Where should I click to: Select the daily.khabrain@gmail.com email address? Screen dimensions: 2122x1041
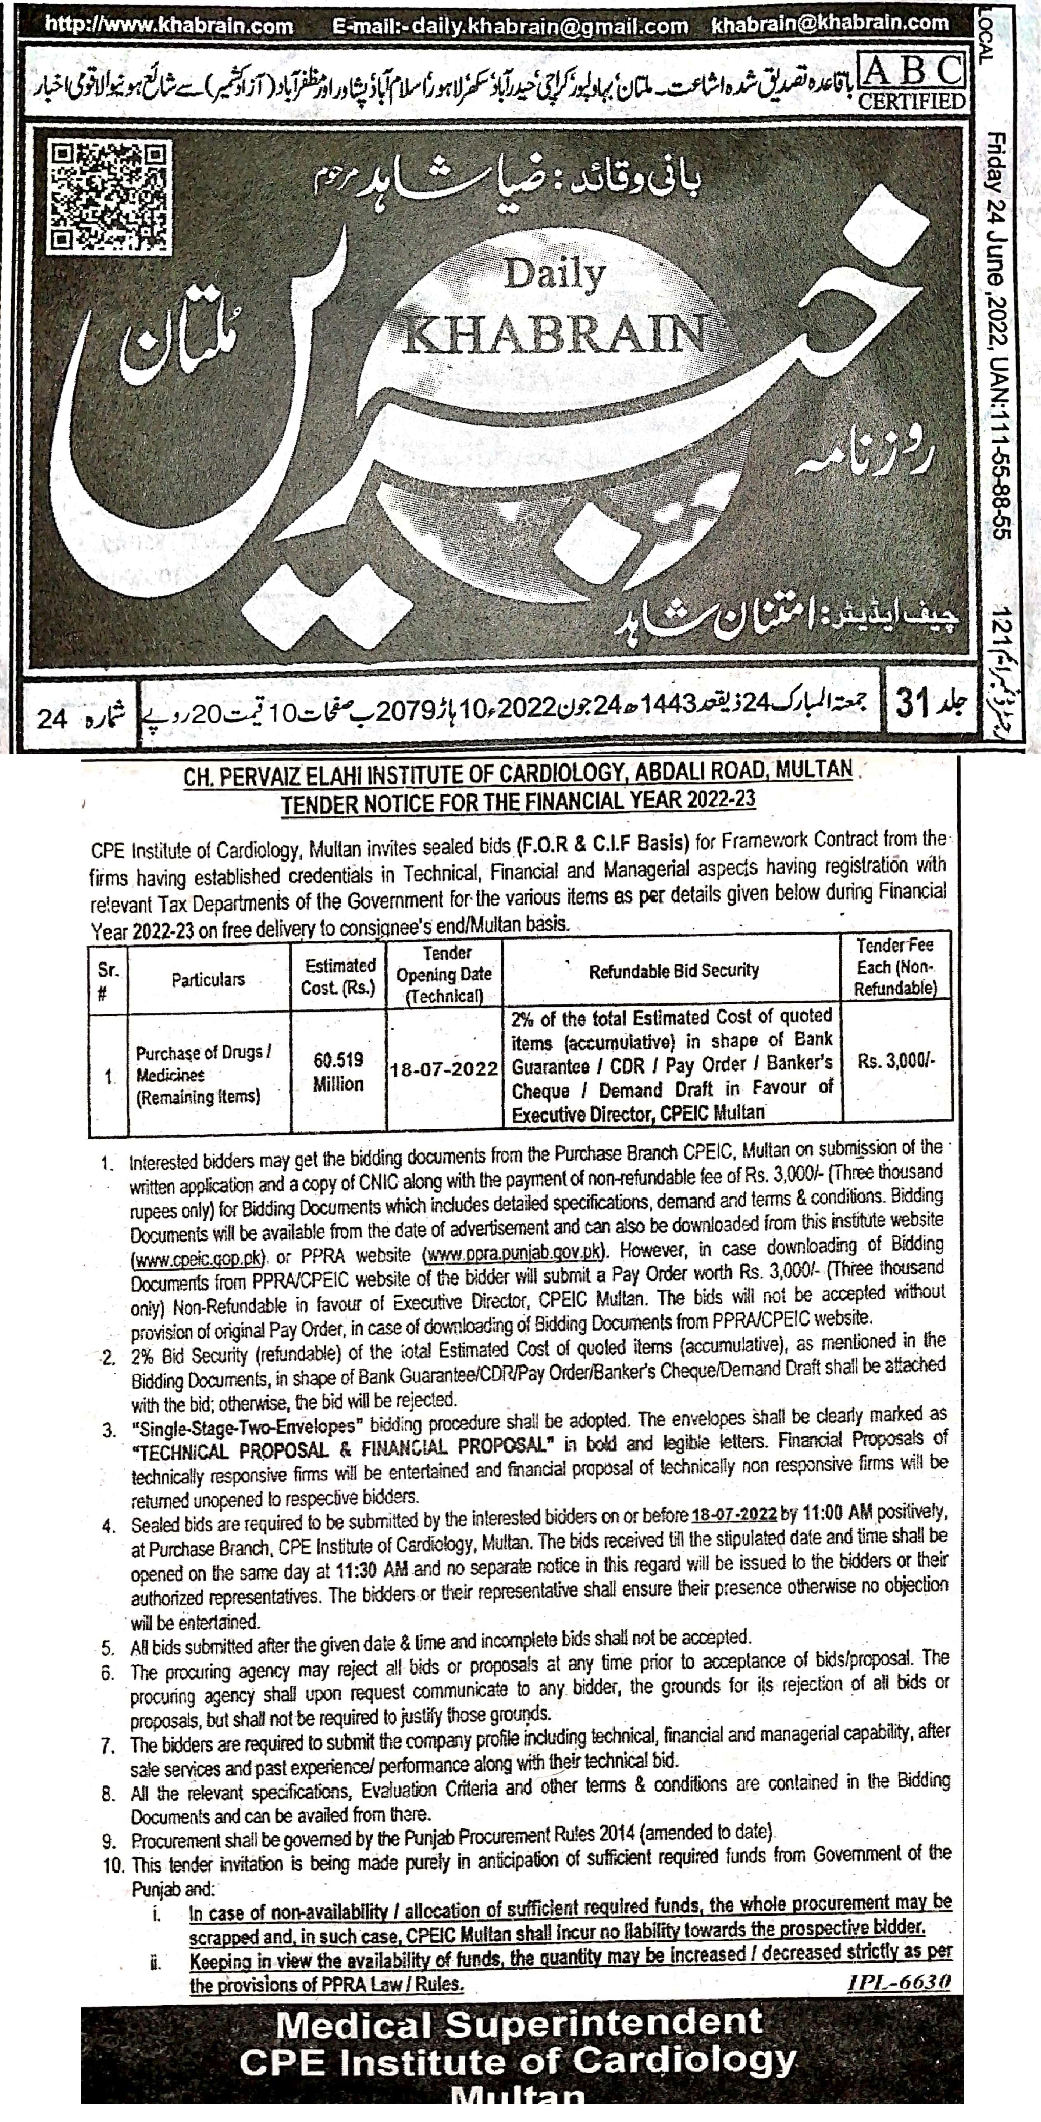click(511, 26)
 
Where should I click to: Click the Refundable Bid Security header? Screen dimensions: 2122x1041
click(674, 970)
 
